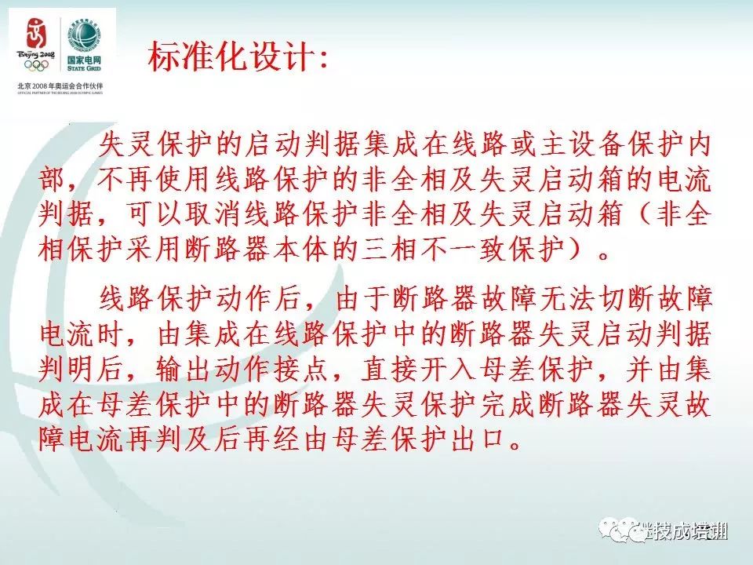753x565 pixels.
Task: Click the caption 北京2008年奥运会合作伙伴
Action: (x=60, y=84)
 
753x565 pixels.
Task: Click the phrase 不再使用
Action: (x=143, y=180)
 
